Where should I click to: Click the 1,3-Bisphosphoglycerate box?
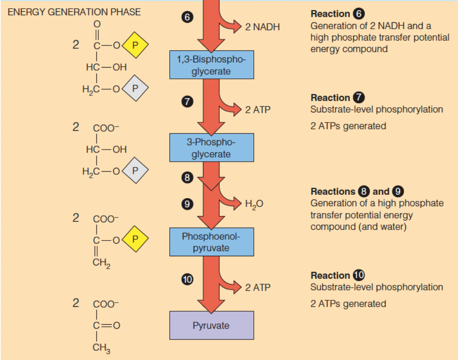[212, 65]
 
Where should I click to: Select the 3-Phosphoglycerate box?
[212, 148]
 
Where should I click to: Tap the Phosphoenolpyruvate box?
[212, 242]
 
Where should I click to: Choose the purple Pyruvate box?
[212, 325]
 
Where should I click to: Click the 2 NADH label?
[262, 27]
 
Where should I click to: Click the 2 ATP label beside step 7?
[257, 109]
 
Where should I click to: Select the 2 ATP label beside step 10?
[257, 287]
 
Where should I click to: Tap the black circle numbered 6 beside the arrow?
[187, 17]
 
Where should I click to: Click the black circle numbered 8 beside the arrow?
[187, 177]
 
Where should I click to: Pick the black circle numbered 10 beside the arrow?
[187, 278]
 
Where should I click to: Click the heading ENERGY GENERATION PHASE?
[75, 12]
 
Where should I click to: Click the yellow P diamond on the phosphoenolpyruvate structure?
[135, 238]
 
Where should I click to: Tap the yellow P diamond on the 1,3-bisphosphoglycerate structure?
[135, 45]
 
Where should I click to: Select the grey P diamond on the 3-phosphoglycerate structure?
[135, 170]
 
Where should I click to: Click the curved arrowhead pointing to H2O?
[237, 203]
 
